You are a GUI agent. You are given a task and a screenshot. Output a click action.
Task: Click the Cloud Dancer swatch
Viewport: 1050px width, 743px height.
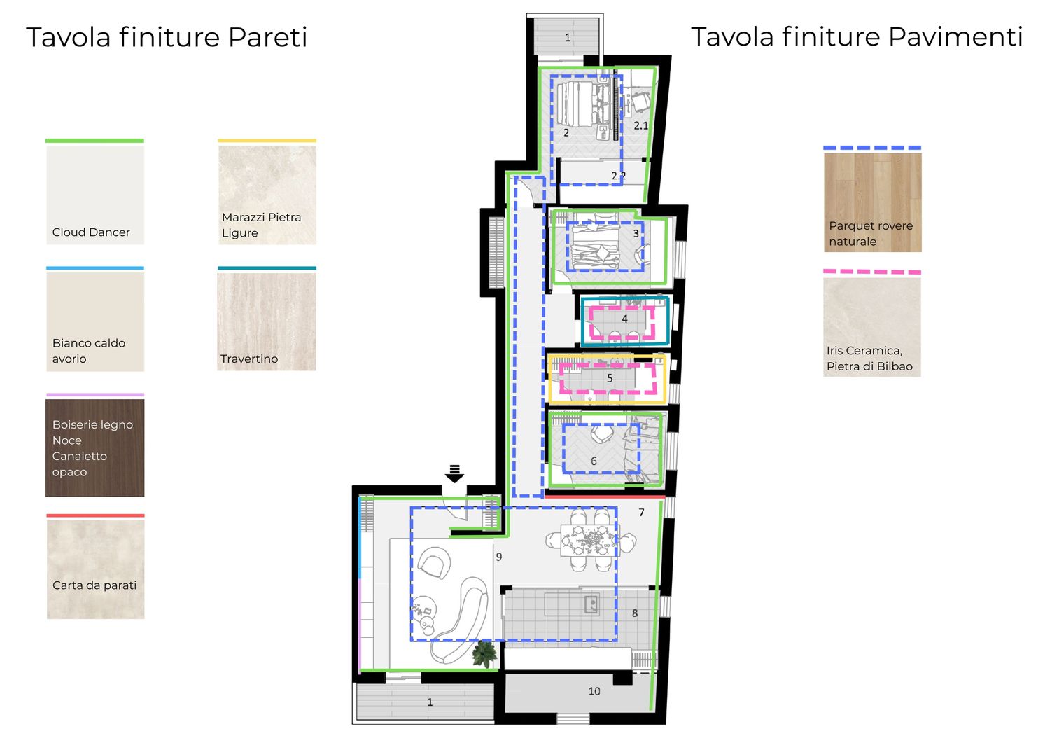tap(95, 195)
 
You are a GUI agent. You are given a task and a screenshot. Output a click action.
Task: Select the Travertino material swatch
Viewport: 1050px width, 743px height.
tap(267, 321)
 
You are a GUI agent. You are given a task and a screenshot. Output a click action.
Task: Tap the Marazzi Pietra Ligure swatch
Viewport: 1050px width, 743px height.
tap(267, 195)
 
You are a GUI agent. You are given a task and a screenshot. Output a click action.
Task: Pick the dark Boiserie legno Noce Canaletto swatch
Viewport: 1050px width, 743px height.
tap(94, 447)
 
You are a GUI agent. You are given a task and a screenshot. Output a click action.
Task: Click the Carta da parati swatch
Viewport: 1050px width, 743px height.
tap(96, 569)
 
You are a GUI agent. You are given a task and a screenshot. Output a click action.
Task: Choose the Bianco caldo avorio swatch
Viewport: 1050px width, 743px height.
tap(95, 321)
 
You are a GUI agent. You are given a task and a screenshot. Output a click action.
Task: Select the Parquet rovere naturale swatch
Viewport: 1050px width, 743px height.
tap(873, 202)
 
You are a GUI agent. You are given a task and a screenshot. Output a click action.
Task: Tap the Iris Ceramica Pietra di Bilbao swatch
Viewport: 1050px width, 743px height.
tap(872, 327)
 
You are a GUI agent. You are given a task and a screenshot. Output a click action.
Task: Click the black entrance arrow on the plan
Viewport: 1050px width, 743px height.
tap(455, 474)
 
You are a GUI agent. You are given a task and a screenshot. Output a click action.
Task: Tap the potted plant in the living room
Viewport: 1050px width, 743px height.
tap(484, 654)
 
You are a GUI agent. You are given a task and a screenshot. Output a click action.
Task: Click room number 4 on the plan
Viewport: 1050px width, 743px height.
tap(624, 319)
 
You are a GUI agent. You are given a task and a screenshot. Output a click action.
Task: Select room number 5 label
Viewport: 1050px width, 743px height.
tap(610, 377)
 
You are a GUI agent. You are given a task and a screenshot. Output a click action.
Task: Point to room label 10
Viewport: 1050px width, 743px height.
tap(594, 691)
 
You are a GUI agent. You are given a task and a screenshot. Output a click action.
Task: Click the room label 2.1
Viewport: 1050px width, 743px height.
tap(640, 125)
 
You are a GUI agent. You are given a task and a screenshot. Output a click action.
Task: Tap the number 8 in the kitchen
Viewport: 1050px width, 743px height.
tap(635, 613)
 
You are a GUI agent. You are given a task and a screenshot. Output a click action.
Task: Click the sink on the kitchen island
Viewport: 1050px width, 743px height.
tap(591, 604)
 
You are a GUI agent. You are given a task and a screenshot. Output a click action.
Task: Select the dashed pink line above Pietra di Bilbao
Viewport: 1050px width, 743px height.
tap(872, 272)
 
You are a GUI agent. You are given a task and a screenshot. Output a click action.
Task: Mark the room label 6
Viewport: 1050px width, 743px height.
tap(594, 461)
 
